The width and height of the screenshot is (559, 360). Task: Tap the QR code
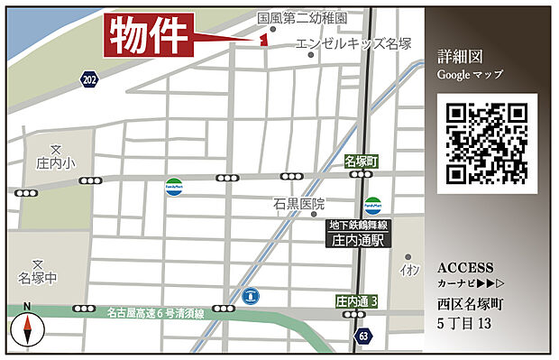[x=487, y=143]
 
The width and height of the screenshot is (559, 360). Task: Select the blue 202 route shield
[x=88, y=80]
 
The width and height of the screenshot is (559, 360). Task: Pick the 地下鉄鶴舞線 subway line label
[x=359, y=224]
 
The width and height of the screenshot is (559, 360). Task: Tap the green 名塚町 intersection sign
[x=363, y=161]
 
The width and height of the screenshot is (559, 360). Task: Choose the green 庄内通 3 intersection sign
[x=356, y=300]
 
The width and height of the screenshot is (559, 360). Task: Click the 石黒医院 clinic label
[x=299, y=205]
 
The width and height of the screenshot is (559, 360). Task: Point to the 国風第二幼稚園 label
[x=303, y=17]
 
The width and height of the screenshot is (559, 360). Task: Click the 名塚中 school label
[x=37, y=276]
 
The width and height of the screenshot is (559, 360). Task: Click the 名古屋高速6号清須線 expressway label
[x=156, y=313]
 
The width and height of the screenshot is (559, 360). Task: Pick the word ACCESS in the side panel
[x=465, y=268]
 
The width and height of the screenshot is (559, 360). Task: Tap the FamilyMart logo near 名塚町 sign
[x=373, y=205]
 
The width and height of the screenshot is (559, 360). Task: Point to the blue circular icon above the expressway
[x=252, y=295]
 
